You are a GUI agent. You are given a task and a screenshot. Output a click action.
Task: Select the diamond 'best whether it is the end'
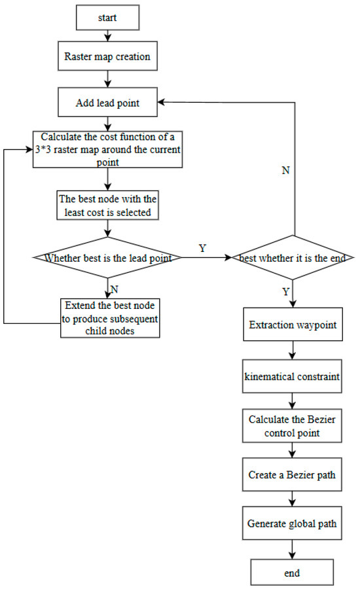[x=293, y=258]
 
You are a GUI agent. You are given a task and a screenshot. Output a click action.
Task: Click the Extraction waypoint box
[x=293, y=325]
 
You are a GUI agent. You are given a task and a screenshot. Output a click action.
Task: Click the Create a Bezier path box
[x=293, y=474]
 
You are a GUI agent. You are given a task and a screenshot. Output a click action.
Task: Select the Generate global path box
[x=293, y=523]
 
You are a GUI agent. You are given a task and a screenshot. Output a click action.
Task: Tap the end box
[x=293, y=573]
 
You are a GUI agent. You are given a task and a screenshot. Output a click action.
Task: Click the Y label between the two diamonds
[x=202, y=247]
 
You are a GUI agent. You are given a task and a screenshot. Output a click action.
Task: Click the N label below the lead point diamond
[x=116, y=287]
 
